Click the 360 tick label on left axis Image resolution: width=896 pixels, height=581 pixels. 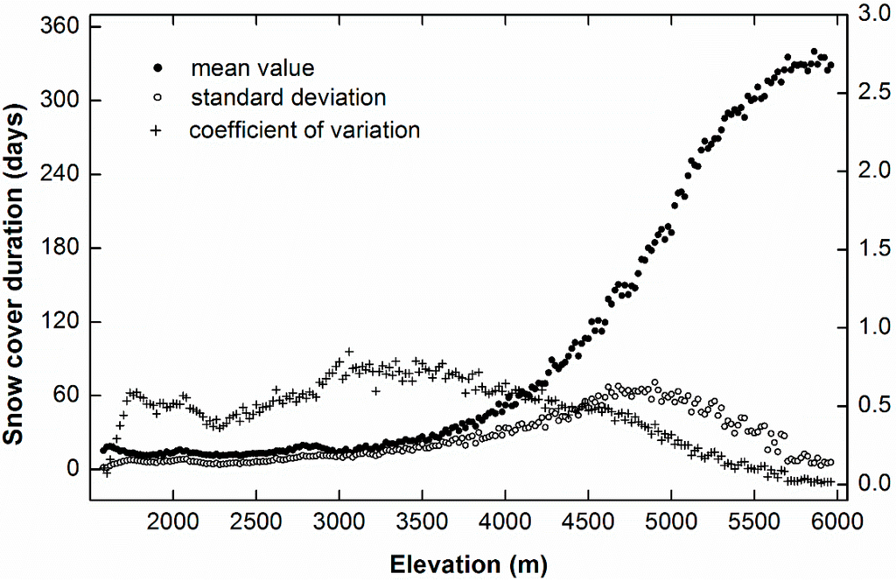click(x=57, y=27)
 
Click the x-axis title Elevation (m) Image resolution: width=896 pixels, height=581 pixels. click(x=471, y=563)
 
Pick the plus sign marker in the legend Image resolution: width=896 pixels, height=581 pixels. click(x=157, y=130)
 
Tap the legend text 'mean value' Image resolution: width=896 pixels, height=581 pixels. click(x=252, y=67)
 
